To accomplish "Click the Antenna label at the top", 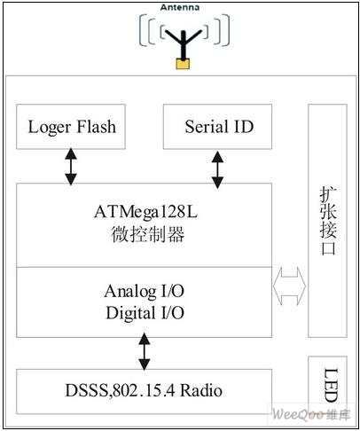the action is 180,7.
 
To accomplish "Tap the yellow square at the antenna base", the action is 183,64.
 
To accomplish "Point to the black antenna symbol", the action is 184,43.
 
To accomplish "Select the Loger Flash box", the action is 71,127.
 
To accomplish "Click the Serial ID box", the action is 217,127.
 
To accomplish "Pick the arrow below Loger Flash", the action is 71,167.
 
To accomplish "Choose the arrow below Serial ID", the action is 217,169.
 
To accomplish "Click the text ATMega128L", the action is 145,212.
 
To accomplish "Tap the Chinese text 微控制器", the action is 148,234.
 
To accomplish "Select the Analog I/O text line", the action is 145,291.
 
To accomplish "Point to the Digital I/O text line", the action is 145,313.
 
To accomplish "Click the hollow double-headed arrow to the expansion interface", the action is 289,286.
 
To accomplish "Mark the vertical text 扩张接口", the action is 328,221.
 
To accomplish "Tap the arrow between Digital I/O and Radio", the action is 145,351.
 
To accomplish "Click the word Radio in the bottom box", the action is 201,390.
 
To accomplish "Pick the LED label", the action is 331,385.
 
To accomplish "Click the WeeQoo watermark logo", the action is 311,414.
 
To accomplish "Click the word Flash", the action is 97,127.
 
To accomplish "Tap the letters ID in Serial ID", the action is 244,127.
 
